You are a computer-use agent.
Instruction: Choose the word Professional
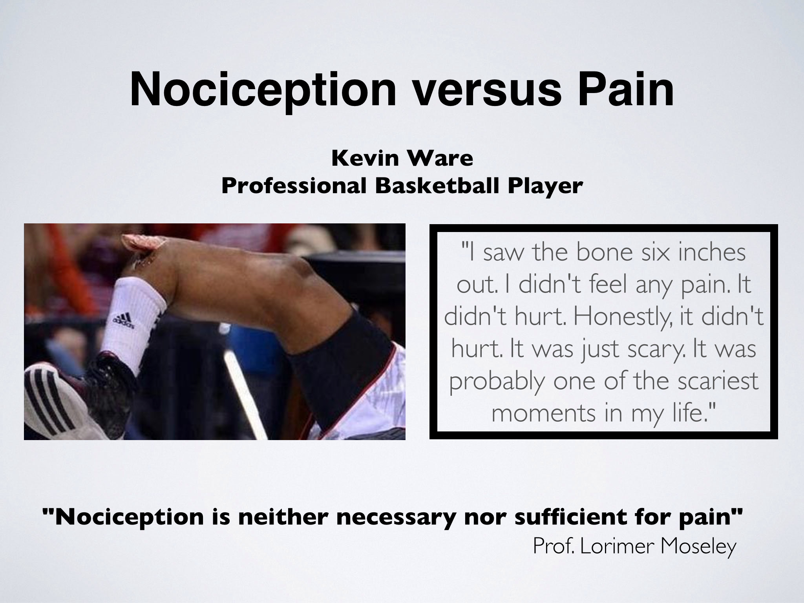pyautogui.click(x=293, y=186)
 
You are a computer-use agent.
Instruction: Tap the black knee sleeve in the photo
pyautogui.click(x=342, y=357)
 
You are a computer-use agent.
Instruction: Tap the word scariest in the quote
pyautogui.click(x=713, y=380)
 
